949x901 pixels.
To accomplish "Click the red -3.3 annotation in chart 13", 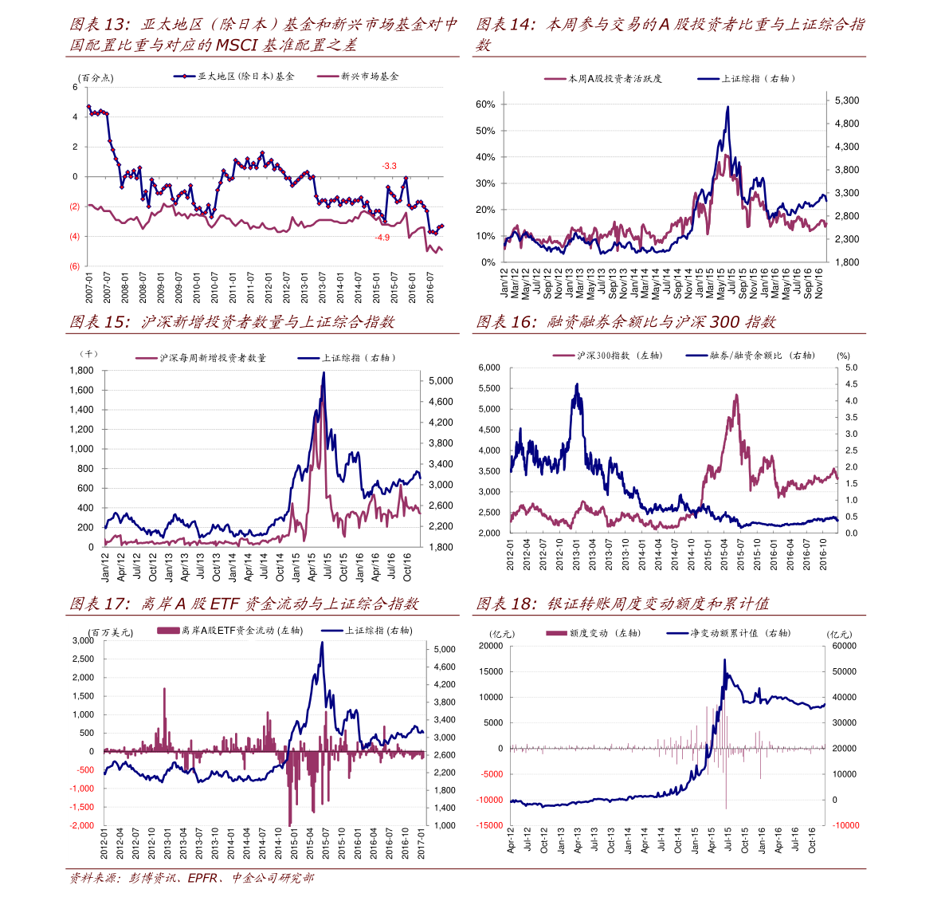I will click(x=389, y=166).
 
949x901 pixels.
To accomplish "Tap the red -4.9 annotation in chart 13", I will click(x=382, y=238).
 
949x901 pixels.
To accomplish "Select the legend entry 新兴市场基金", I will click(x=369, y=77).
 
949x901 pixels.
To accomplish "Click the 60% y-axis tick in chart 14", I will click(x=485, y=104).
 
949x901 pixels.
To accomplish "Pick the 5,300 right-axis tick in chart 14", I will click(x=847, y=100).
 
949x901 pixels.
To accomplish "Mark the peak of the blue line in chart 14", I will click(x=727, y=107).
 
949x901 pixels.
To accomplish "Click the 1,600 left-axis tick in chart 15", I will click(x=81, y=390).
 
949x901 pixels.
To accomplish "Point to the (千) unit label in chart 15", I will click(x=88, y=353).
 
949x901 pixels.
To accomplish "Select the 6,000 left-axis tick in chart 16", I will click(x=488, y=368).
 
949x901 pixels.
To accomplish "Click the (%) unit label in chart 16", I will click(x=843, y=356).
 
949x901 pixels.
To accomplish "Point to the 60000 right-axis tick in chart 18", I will click(x=844, y=646).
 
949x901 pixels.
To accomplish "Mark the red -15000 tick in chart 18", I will click(x=490, y=825).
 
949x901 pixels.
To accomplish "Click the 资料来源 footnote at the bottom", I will click(x=191, y=879).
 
